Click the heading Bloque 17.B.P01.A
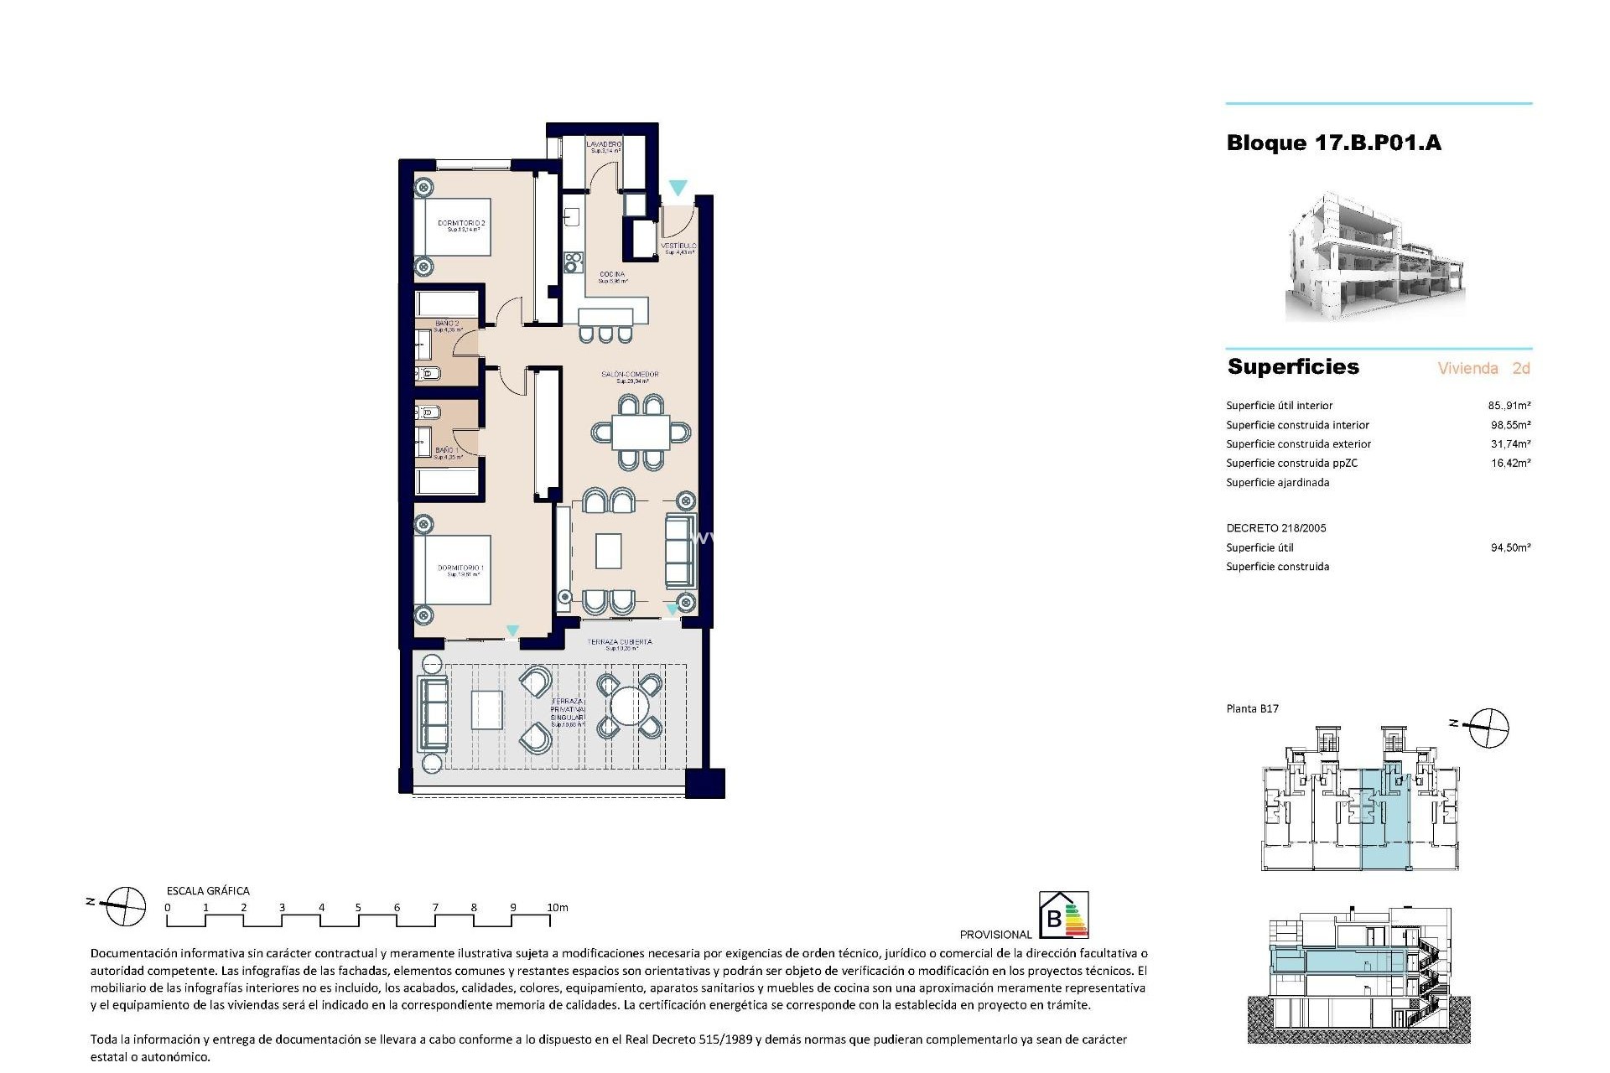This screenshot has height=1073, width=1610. tap(1333, 143)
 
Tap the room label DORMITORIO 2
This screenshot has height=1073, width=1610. tap(461, 224)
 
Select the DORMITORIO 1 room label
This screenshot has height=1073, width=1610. tap(461, 568)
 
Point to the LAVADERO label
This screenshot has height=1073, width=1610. tap(604, 145)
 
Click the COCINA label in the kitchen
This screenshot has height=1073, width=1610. tap(611, 275)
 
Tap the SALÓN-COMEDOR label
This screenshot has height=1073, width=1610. tap(630, 375)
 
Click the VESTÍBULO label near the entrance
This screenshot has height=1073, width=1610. tap(678, 246)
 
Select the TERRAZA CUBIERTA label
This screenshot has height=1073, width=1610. tap(619, 642)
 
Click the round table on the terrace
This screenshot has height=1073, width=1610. tap(629, 707)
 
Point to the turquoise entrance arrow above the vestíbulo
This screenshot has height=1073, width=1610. tap(678, 188)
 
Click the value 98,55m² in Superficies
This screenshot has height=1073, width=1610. tap(1510, 425)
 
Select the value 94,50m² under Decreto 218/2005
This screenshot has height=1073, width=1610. tap(1510, 547)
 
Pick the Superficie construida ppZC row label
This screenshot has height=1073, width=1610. tap(1291, 463)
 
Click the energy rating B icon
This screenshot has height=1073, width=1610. tap(1063, 915)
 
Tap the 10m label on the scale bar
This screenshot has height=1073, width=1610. tap(558, 907)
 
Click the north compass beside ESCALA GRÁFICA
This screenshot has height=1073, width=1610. tap(122, 906)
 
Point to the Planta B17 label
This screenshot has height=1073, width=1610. tap(1252, 708)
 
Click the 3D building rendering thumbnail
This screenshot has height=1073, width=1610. tap(1375, 257)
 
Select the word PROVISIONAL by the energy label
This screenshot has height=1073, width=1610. tap(995, 934)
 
